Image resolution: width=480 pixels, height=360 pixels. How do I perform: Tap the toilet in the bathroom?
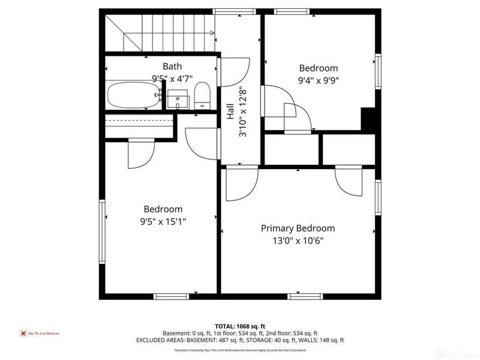pyautogui.click(x=202, y=96)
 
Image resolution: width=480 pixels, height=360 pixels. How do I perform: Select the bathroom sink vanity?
pyautogui.click(x=178, y=100)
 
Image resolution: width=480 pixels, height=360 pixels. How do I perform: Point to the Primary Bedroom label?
pyautogui.click(x=298, y=229)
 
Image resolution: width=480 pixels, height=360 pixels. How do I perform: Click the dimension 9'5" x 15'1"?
pyautogui.click(x=163, y=221)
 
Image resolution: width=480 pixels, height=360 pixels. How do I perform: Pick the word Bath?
pyautogui.click(x=172, y=66)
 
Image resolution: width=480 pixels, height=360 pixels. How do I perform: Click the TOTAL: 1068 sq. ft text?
pyautogui.click(x=240, y=325)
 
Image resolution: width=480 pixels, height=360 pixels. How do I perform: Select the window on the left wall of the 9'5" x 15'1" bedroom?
pyautogui.click(x=103, y=217)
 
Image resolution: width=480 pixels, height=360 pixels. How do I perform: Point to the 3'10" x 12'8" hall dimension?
pyautogui.click(x=243, y=115)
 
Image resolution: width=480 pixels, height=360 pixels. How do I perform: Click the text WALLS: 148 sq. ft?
pyautogui.click(x=322, y=340)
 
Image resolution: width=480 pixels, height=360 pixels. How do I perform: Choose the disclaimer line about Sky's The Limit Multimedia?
pyautogui.click(x=240, y=350)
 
